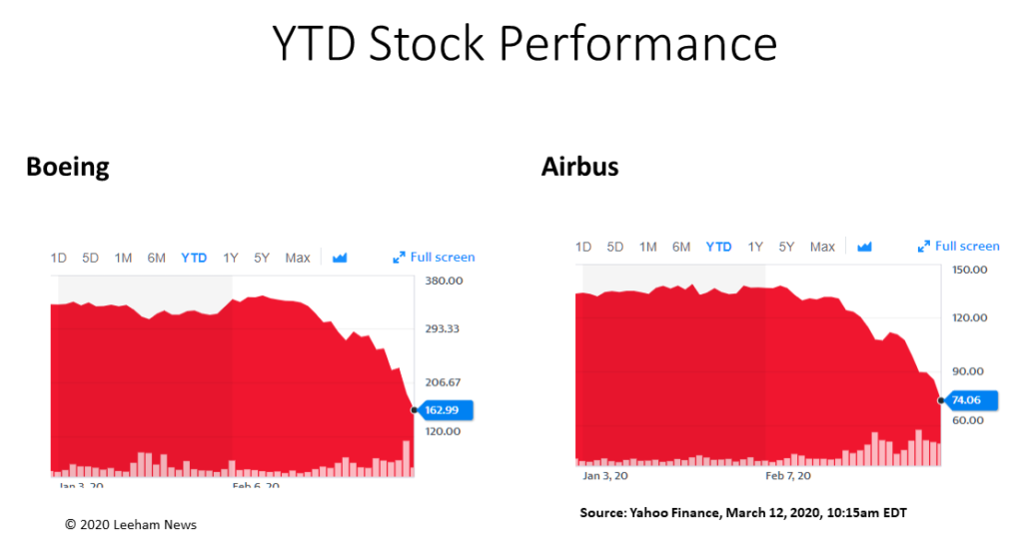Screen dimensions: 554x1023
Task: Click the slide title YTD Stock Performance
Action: (x=524, y=44)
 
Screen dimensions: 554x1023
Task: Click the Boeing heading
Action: (x=67, y=166)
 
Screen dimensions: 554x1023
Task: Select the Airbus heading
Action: (x=579, y=166)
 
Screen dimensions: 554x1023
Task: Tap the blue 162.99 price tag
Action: (x=445, y=409)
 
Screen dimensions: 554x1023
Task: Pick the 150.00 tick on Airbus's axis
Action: (x=970, y=270)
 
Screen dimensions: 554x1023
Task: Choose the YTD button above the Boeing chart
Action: (x=194, y=258)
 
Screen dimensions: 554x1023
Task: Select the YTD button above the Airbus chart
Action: (x=718, y=247)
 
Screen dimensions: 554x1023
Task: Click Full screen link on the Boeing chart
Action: (x=435, y=258)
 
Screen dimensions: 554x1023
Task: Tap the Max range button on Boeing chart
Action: (x=298, y=258)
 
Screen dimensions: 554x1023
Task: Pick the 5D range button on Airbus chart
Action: (x=615, y=247)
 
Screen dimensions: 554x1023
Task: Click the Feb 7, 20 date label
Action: (x=788, y=476)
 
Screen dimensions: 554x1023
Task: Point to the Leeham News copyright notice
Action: (x=131, y=525)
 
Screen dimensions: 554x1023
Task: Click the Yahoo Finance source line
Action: (x=743, y=513)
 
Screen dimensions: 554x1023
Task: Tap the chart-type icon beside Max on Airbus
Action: (x=864, y=247)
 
